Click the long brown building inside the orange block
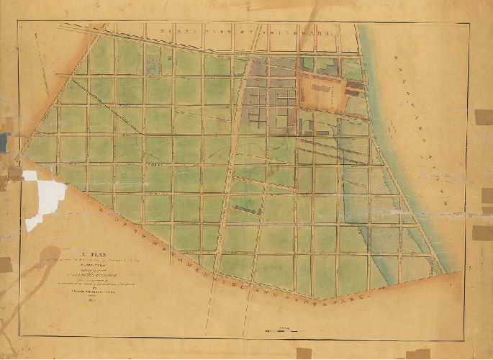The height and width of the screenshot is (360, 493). [356, 90]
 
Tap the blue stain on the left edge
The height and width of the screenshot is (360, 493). [4, 140]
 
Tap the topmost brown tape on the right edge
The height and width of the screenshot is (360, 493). [484, 117]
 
